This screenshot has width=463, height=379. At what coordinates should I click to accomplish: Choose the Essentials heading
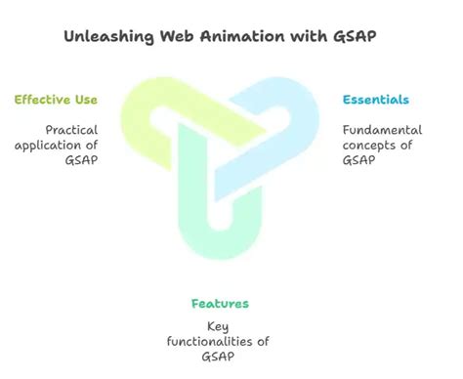click(375, 100)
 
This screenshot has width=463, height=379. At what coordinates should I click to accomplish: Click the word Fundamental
click(382, 129)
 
